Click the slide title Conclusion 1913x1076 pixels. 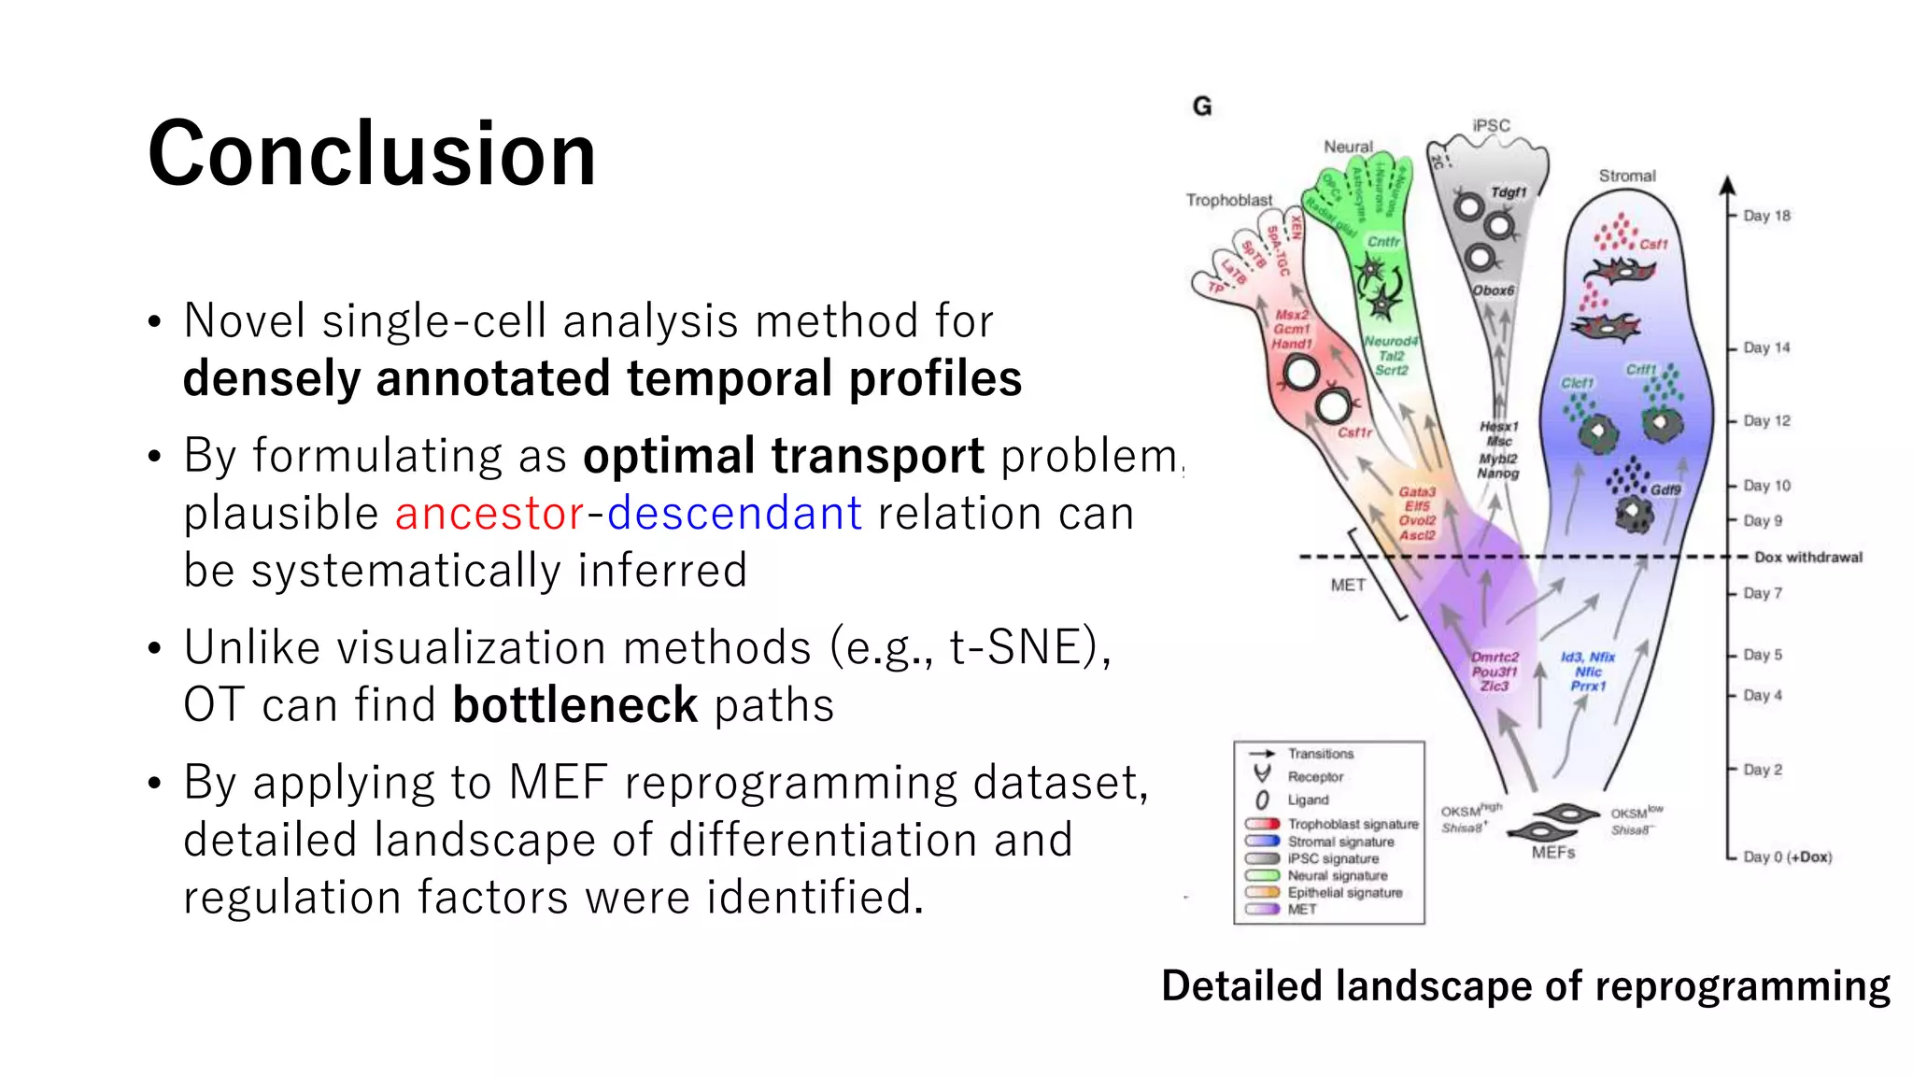click(x=371, y=154)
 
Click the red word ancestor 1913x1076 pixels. click(x=489, y=513)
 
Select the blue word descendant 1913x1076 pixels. click(x=734, y=513)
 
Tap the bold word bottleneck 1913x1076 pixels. click(x=574, y=704)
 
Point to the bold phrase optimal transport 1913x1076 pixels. click(x=783, y=456)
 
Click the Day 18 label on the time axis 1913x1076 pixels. click(x=1766, y=216)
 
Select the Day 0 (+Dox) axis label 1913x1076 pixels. click(x=1787, y=857)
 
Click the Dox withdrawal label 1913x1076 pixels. click(x=1807, y=557)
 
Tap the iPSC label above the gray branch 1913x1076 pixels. click(x=1491, y=125)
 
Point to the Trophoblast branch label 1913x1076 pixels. click(x=1228, y=200)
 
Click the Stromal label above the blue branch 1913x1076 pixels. click(x=1626, y=176)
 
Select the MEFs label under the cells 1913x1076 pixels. click(x=1552, y=853)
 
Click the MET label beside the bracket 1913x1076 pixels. click(x=1347, y=585)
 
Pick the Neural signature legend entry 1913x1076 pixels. click(x=1337, y=875)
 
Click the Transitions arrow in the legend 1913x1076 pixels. click(x=1262, y=753)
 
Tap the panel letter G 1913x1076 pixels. click(x=1202, y=106)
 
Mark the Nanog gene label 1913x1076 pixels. click(x=1497, y=474)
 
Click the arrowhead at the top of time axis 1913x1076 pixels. click(x=1727, y=185)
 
